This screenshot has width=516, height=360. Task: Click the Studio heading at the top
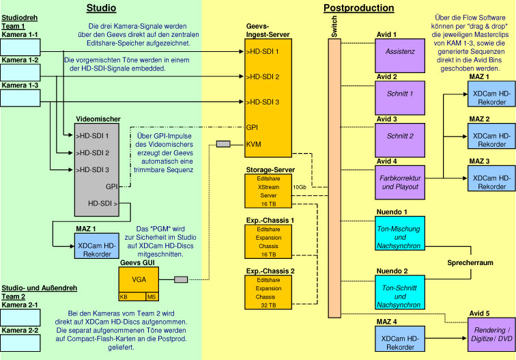point(101,8)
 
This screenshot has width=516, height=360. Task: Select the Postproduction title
point(358,8)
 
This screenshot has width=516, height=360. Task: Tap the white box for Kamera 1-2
point(20,72)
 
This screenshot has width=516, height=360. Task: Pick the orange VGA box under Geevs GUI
point(139,279)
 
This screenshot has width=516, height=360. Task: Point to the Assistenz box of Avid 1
point(399,51)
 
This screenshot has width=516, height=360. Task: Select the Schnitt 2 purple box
point(399,136)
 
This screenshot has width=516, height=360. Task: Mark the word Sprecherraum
point(470,262)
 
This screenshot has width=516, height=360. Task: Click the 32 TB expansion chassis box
point(268,292)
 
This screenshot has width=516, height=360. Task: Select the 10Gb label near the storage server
point(299,186)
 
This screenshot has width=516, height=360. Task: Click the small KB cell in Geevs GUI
point(124,297)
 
